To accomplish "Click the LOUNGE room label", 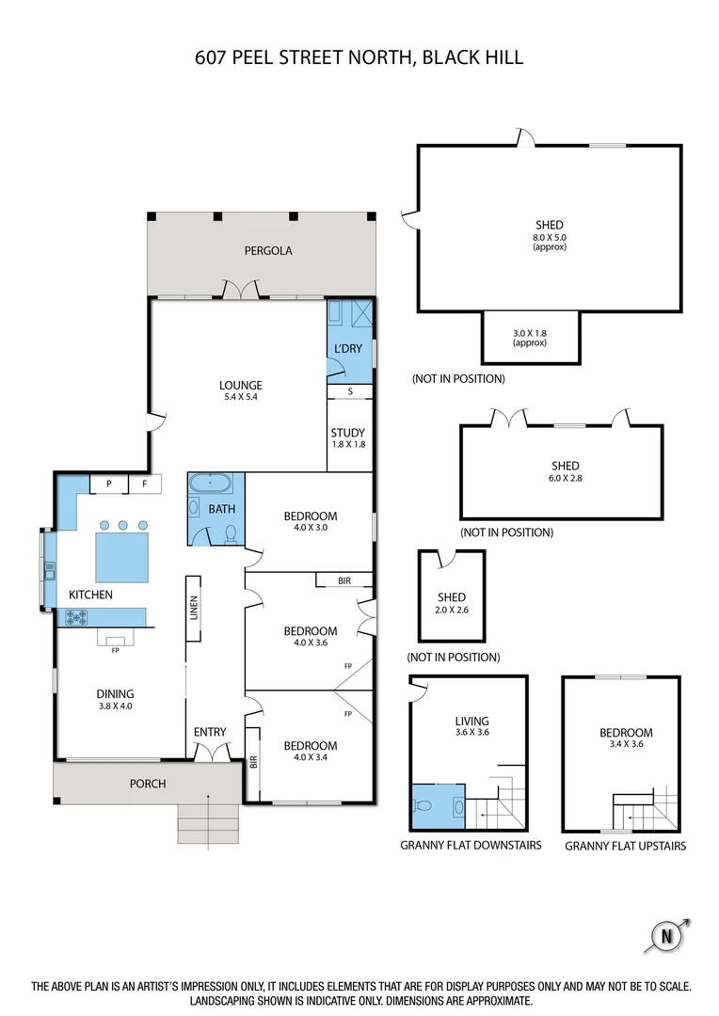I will click(241, 385).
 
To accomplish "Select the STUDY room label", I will click(348, 433).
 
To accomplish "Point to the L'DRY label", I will click(348, 350).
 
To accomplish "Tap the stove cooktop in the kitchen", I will click(76, 618).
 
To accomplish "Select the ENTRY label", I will click(209, 731).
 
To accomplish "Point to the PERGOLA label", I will click(268, 251).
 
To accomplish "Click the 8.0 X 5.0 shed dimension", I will click(550, 238).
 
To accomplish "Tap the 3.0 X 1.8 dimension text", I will click(529, 333).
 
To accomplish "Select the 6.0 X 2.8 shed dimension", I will click(565, 478).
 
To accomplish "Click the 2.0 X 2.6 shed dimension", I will click(451, 610).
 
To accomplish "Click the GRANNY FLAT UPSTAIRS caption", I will click(625, 846).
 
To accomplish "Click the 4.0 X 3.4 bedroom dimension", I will click(311, 758).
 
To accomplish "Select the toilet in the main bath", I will click(231, 534).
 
